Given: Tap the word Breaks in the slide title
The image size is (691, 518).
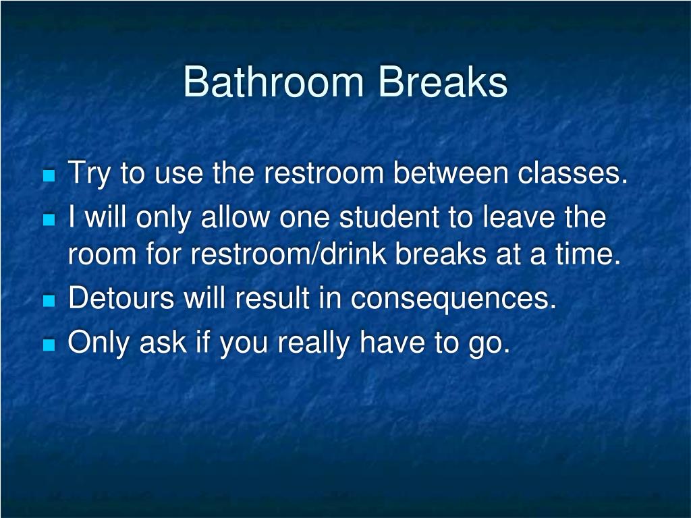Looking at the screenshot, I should tap(443, 82).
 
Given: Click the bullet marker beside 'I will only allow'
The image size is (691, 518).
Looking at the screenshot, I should tap(48, 220).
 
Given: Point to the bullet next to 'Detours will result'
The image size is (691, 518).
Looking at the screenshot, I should tap(48, 301).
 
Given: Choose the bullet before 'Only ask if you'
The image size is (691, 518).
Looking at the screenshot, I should tap(48, 345).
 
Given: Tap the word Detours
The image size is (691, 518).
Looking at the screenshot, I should tap(121, 298).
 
